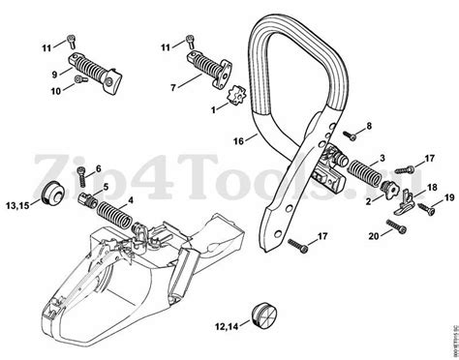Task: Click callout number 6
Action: point(97,168)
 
